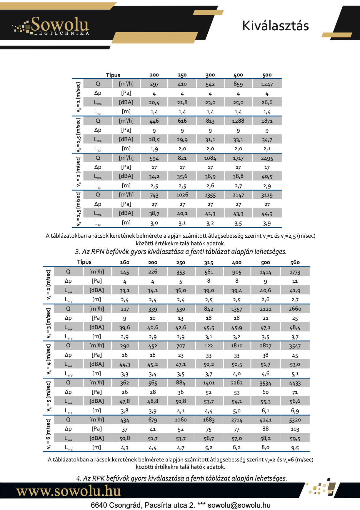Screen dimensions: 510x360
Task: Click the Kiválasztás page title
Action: click(275, 26)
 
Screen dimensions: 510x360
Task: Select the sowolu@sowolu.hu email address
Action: click(239, 505)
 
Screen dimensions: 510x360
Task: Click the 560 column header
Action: click(295, 262)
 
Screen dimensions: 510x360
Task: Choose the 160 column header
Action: click(124, 262)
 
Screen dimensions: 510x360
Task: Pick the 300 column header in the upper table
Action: click(210, 75)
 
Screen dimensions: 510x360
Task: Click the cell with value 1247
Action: click(267, 84)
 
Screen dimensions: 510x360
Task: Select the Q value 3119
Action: click(267, 195)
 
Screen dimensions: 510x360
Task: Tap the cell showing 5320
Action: click(295, 420)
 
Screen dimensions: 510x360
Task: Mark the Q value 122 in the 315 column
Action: click(209, 346)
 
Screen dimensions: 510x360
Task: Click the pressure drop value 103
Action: click(295, 429)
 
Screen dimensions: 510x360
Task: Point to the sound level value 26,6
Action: click(267, 102)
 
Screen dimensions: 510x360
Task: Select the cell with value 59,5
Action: click(295, 439)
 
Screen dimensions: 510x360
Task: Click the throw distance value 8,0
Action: click(265, 448)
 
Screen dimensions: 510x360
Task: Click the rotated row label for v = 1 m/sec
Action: click(78, 98)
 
